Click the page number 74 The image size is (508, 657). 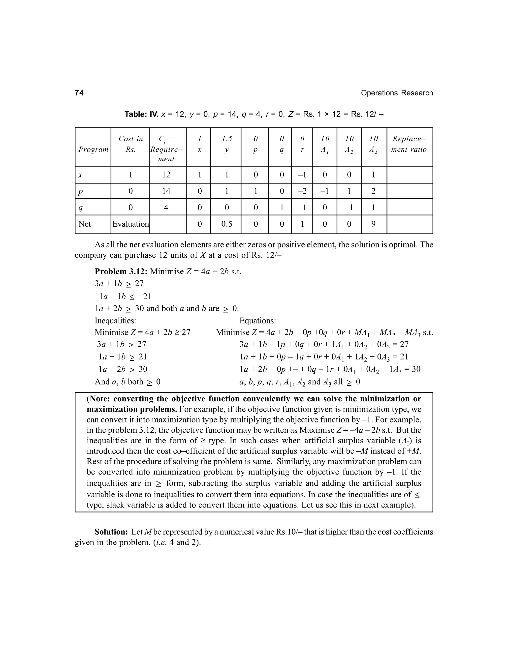click(79, 93)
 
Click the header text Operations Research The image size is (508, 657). click(397, 93)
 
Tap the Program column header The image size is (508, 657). click(93, 149)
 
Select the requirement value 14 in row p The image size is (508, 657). click(166, 191)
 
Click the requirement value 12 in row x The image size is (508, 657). click(166, 175)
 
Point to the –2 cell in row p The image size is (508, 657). click(302, 191)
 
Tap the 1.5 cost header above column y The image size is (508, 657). click(227, 139)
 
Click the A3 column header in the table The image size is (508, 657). click(374, 149)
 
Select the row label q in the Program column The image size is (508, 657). click(80, 208)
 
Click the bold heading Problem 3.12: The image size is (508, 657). click(121, 272)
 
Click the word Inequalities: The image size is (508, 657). click(115, 320)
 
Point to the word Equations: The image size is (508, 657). click(258, 320)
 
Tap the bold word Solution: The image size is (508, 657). click(112, 532)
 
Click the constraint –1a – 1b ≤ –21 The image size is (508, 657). click(123, 297)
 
